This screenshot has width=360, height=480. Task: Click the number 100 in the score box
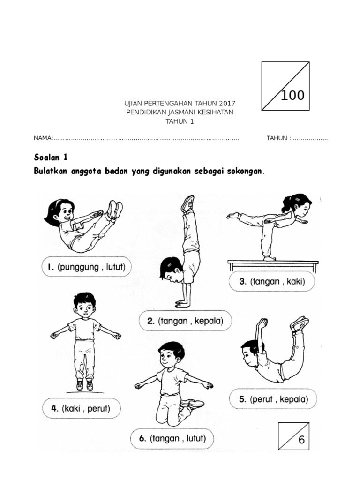292,96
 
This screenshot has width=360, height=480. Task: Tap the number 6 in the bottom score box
301,440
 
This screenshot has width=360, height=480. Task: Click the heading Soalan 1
51,156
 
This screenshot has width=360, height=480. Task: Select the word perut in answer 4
97,409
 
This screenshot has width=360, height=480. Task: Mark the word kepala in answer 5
292,400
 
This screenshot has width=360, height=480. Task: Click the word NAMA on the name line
43,138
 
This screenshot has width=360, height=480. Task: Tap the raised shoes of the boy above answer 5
299,323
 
